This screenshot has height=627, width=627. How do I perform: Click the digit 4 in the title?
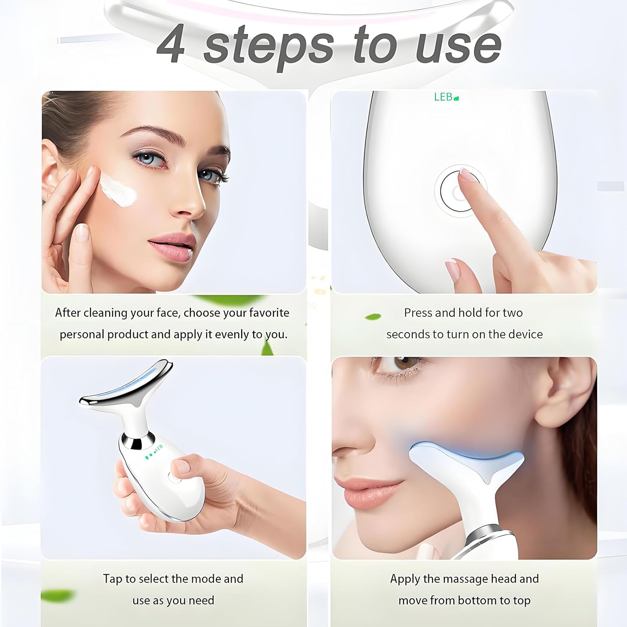[172, 45]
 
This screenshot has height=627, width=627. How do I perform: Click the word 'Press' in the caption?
[418, 313]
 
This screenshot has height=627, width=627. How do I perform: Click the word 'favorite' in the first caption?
[269, 313]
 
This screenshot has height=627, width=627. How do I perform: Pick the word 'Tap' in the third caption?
[112, 579]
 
